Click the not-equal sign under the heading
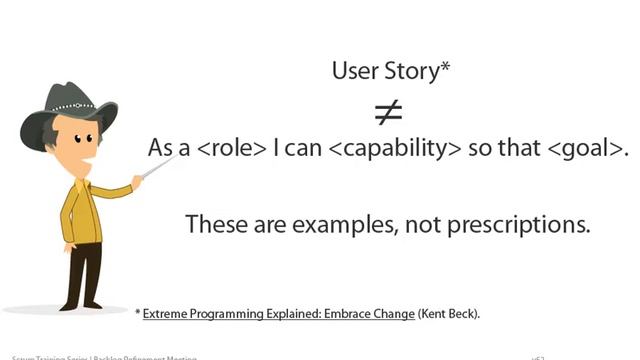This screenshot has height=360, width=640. pos(388,112)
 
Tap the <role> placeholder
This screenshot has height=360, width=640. pos(231,148)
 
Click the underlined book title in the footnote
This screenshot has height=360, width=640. pos(278,314)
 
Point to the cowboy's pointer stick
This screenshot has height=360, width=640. pos(156,170)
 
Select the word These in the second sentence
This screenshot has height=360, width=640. pos(214,224)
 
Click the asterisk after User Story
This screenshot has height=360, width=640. pos(445,67)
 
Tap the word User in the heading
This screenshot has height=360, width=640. pos(354,72)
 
